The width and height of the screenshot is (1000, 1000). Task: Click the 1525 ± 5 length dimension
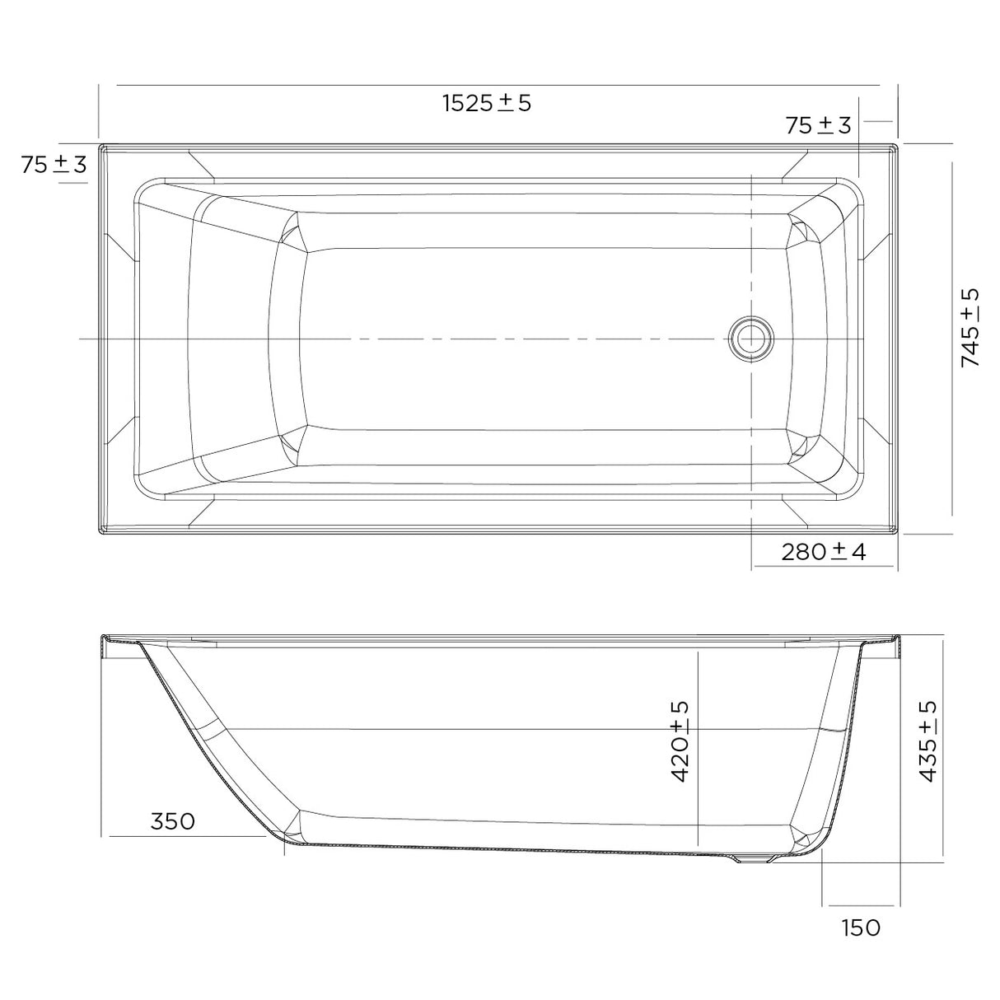[x=487, y=103]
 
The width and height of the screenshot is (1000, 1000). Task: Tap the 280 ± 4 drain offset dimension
[x=824, y=551]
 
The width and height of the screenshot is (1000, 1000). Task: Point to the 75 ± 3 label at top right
[x=818, y=125]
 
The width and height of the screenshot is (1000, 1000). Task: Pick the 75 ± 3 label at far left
[x=54, y=164]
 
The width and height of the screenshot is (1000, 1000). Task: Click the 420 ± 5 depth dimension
[x=680, y=741]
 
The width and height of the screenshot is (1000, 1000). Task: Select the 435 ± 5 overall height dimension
[x=928, y=741]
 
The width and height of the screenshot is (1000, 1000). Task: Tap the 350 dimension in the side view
[x=173, y=821]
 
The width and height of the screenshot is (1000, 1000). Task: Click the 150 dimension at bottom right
[x=861, y=928]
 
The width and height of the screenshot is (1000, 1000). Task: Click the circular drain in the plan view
[x=750, y=339]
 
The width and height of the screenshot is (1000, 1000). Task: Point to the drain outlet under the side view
[x=752, y=859]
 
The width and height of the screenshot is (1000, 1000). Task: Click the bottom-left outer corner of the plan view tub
[x=100, y=532]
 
